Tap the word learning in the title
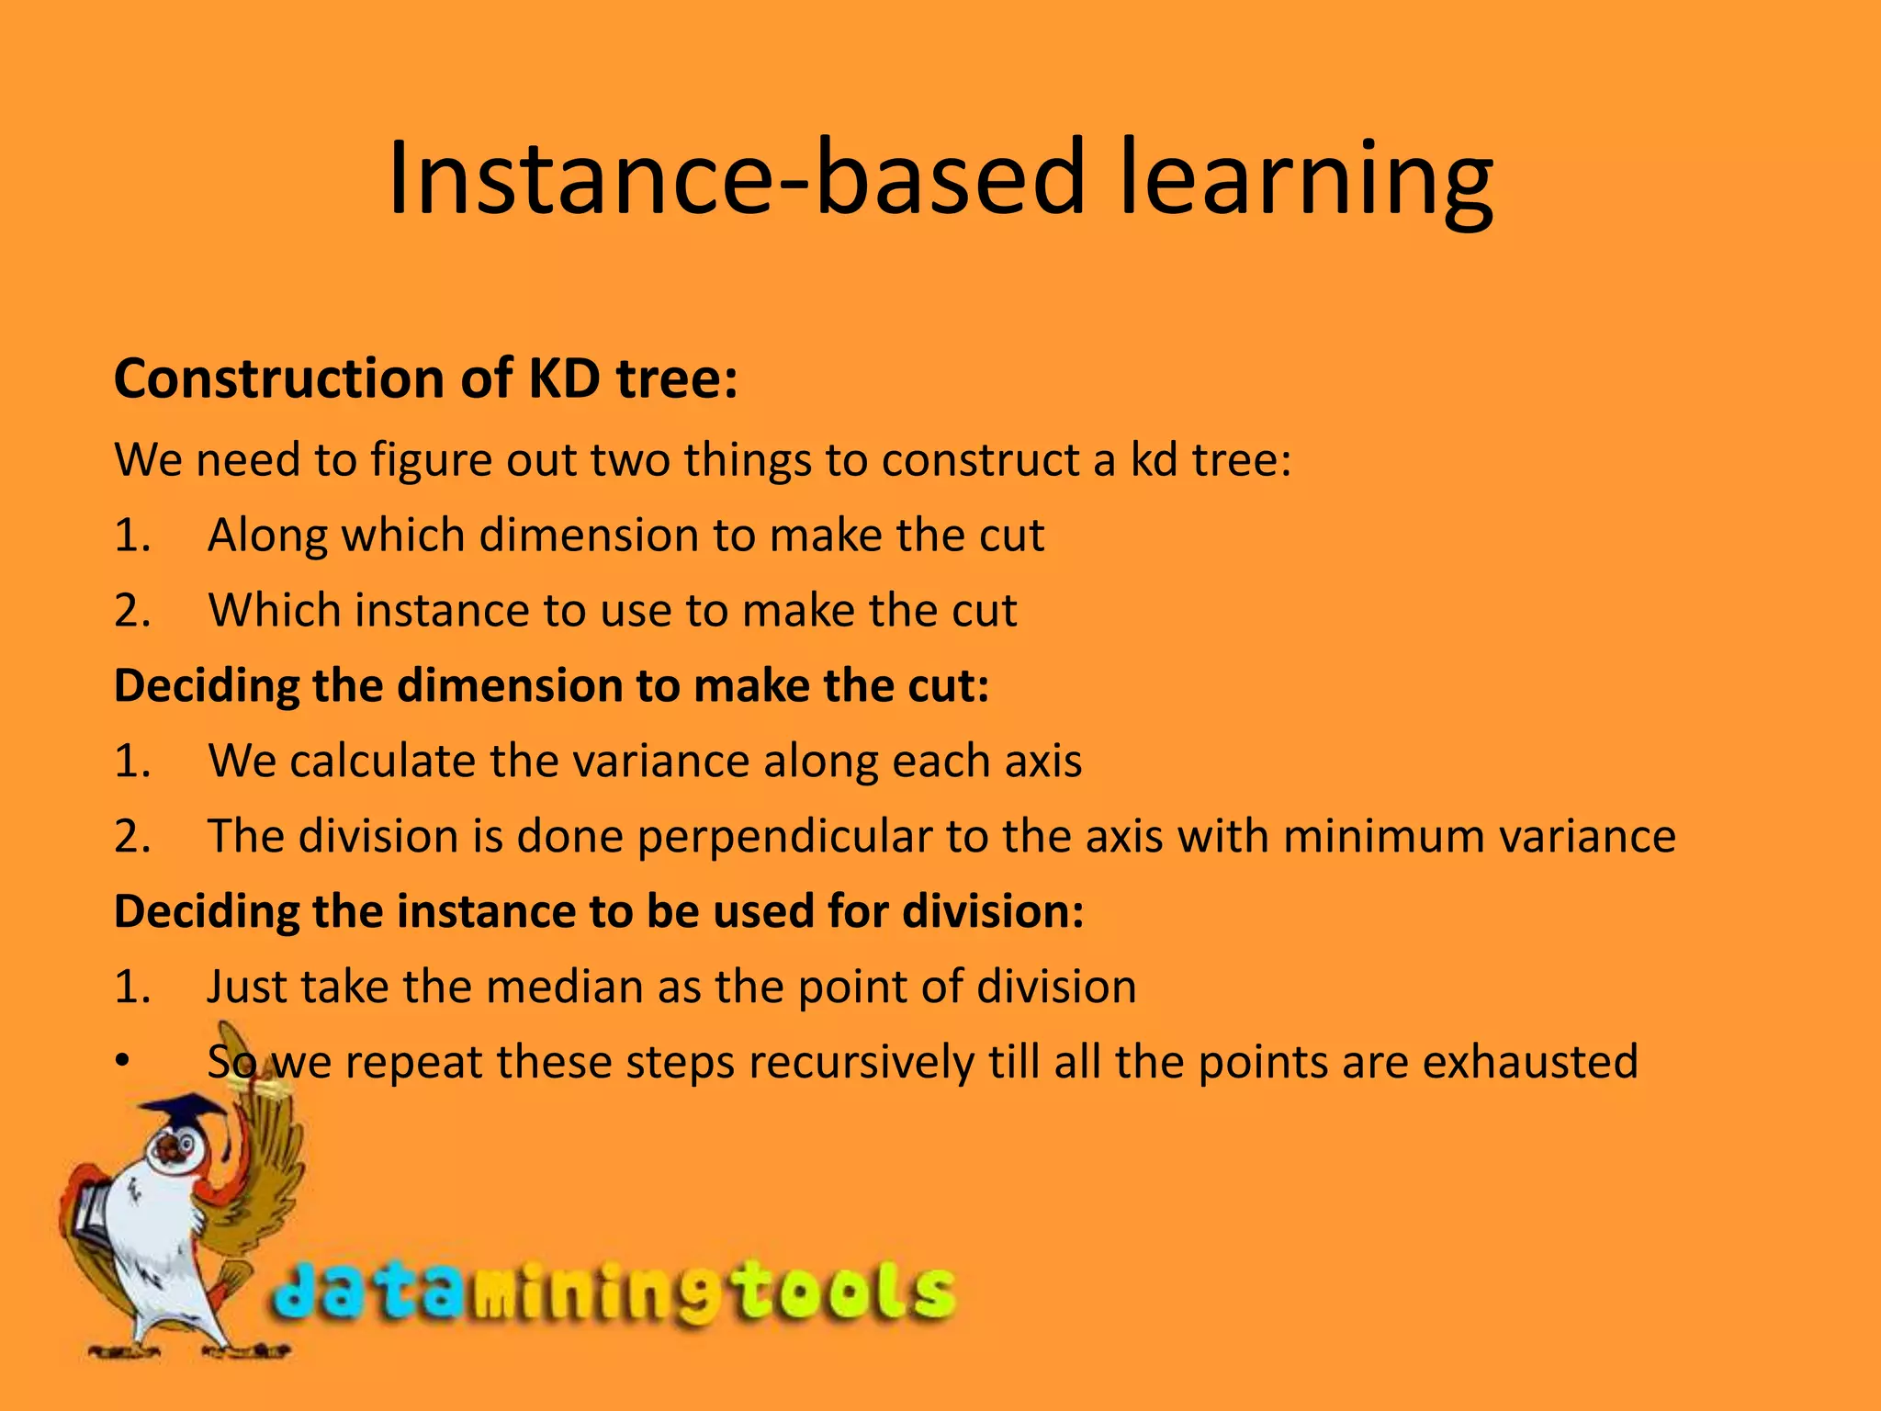1304,184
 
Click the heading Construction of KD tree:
425,378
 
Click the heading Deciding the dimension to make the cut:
551,686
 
